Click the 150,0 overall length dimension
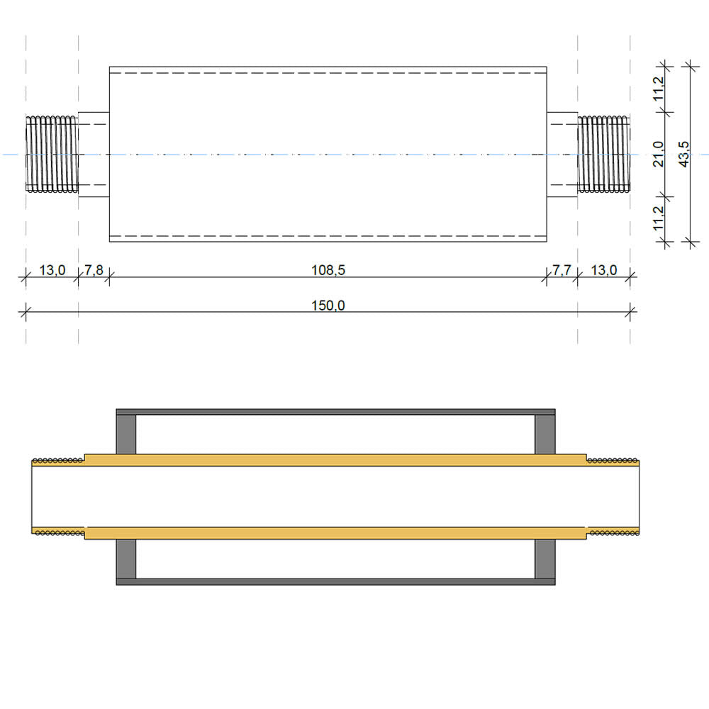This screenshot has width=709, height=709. pyautogui.click(x=328, y=306)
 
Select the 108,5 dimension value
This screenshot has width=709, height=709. pyautogui.click(x=328, y=270)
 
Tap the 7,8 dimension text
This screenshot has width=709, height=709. pyautogui.click(x=94, y=270)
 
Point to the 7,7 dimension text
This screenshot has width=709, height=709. pyautogui.click(x=562, y=270)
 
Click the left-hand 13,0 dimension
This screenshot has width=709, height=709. pyautogui.click(x=52, y=270)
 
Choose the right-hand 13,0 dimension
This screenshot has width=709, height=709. pyautogui.click(x=604, y=270)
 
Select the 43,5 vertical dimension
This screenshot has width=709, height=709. pyautogui.click(x=683, y=153)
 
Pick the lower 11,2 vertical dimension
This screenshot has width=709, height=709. pyautogui.click(x=659, y=219)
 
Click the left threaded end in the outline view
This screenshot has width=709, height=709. pyautogui.click(x=52, y=154)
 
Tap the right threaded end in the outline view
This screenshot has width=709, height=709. pyautogui.click(x=604, y=154)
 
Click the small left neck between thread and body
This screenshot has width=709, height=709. pyautogui.click(x=94, y=154)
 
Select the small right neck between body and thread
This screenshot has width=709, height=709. pyautogui.click(x=562, y=154)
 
